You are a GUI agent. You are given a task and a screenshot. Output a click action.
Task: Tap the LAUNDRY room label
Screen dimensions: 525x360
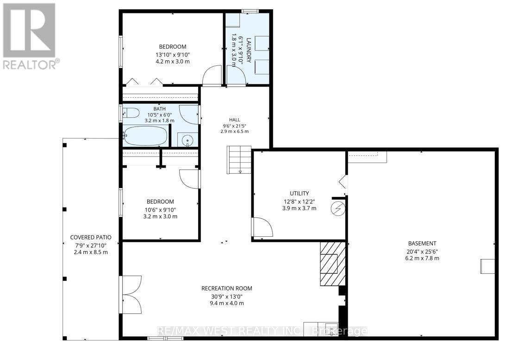pos(249,50)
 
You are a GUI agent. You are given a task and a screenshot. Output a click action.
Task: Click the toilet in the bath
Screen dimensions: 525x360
pos(131,113)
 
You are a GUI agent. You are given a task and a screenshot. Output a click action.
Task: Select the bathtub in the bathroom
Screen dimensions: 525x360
pos(145,136)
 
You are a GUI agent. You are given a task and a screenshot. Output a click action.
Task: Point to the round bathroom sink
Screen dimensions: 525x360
pos(187,140)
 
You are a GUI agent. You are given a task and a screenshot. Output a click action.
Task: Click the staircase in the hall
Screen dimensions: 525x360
pos(239,159)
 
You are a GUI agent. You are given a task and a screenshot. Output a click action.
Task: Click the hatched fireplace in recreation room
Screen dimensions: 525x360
pos(332,264)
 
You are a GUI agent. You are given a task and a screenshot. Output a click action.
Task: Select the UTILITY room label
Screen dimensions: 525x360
pos(300,193)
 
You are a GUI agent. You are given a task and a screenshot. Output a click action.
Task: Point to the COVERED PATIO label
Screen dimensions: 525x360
pos(91,238)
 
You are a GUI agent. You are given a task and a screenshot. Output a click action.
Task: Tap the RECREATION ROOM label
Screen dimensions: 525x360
pos(227,288)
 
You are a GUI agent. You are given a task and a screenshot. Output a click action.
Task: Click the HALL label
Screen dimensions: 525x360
pos(234,120)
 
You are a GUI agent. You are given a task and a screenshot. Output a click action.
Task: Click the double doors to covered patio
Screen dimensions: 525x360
pos(131,295)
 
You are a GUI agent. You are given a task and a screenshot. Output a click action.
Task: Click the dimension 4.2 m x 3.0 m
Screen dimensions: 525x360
pos(173,62)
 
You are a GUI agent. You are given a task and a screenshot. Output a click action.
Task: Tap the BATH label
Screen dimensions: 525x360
pos(159,108)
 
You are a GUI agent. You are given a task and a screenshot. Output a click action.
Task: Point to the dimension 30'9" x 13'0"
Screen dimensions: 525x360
pos(227,297)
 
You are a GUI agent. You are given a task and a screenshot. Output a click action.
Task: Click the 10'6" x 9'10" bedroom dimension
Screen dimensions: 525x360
pos(160,210)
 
